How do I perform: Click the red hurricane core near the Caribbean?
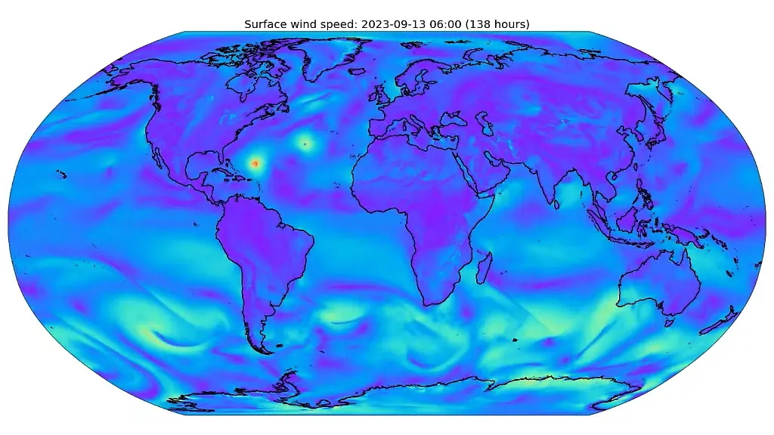point(255,162)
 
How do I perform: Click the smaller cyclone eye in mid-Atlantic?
point(305,143)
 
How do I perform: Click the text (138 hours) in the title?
point(493,24)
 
